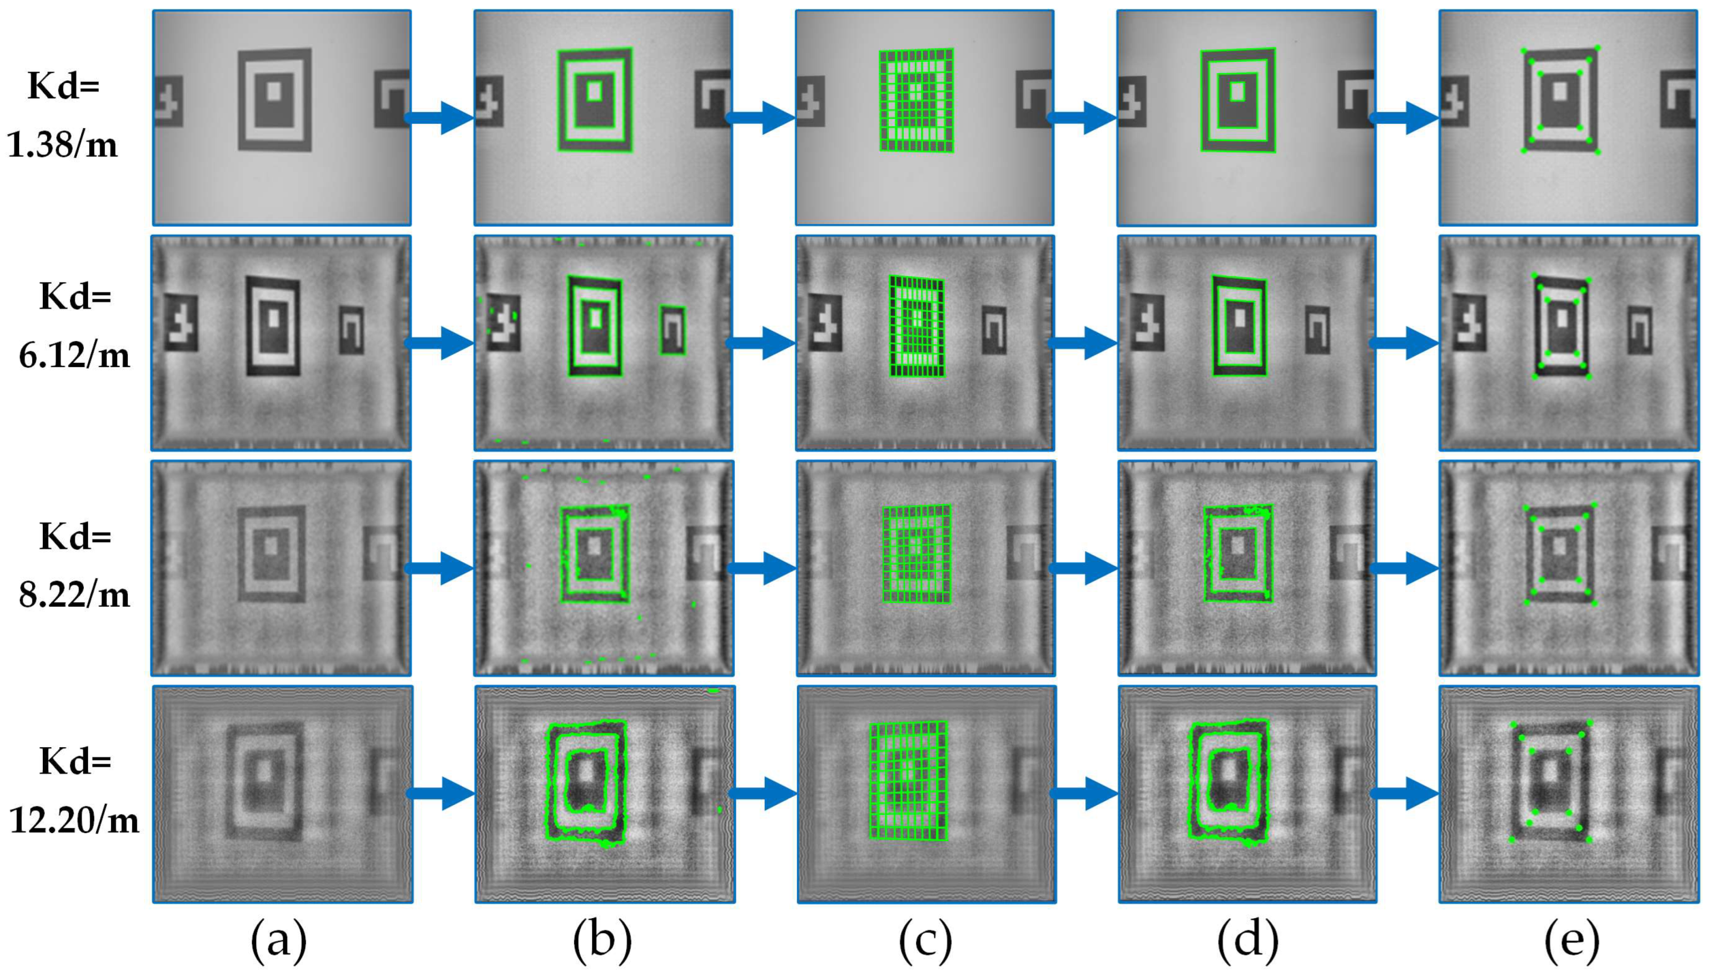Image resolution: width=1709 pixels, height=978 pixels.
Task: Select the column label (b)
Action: click(x=602, y=942)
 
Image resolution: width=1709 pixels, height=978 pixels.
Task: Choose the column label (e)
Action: click(x=1570, y=942)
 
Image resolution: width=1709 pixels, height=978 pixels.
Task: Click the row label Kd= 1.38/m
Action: click(x=63, y=115)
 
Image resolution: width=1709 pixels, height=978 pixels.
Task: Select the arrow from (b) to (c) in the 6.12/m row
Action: click(x=762, y=343)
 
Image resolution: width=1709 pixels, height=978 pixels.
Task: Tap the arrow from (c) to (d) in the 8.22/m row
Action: click(x=1083, y=568)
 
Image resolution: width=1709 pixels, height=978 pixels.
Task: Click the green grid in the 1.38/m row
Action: click(x=916, y=100)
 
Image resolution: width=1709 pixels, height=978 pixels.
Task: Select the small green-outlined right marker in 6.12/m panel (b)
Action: click(x=672, y=330)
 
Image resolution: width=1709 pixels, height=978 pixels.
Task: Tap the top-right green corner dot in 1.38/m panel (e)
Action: click(x=1597, y=48)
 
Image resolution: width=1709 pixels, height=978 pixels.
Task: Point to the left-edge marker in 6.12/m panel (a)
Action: click(x=181, y=322)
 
